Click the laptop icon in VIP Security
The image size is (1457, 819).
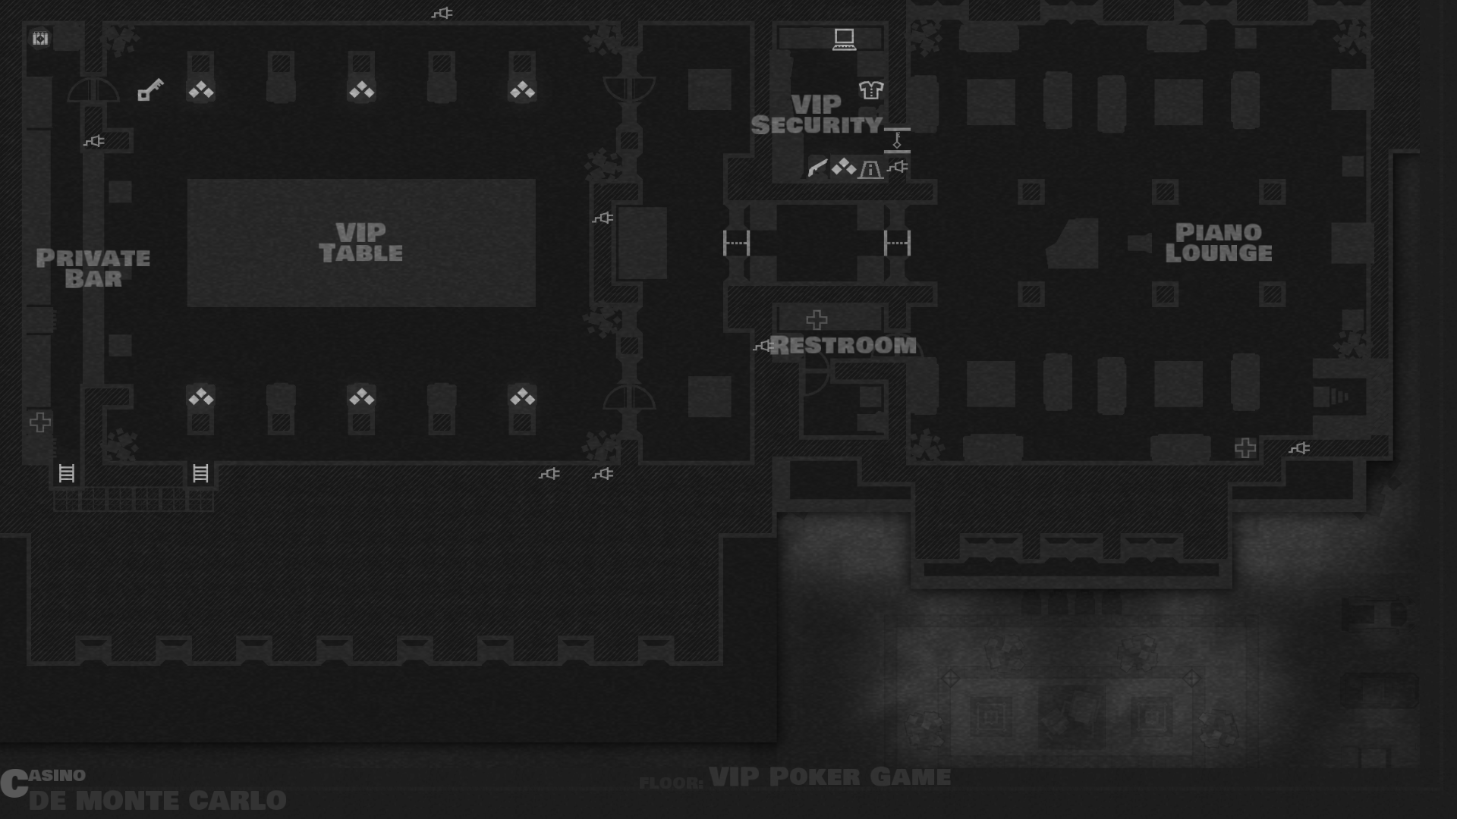coord(844,39)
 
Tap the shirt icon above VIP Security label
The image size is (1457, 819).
coord(870,90)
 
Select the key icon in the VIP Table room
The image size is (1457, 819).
coord(150,89)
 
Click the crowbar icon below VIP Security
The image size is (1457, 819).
coord(817,168)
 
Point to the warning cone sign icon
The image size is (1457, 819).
coord(870,169)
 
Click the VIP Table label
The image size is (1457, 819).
coord(360,243)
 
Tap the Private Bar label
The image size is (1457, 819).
coord(93,268)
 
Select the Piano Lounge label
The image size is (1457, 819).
coord(1218,243)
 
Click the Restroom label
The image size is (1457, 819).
coord(843,346)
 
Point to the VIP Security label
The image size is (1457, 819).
coord(817,115)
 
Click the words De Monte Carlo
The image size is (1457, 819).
coord(157,800)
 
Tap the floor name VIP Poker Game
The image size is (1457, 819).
coord(829,777)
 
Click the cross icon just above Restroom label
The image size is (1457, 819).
coord(817,319)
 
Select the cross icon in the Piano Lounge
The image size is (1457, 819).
coord(1245,448)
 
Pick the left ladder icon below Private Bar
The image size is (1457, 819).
coord(67,474)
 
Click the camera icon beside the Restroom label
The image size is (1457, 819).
coord(763,347)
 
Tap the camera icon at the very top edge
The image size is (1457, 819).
coord(442,13)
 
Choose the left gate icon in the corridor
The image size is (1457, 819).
coord(736,243)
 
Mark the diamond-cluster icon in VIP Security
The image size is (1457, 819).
coord(843,168)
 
